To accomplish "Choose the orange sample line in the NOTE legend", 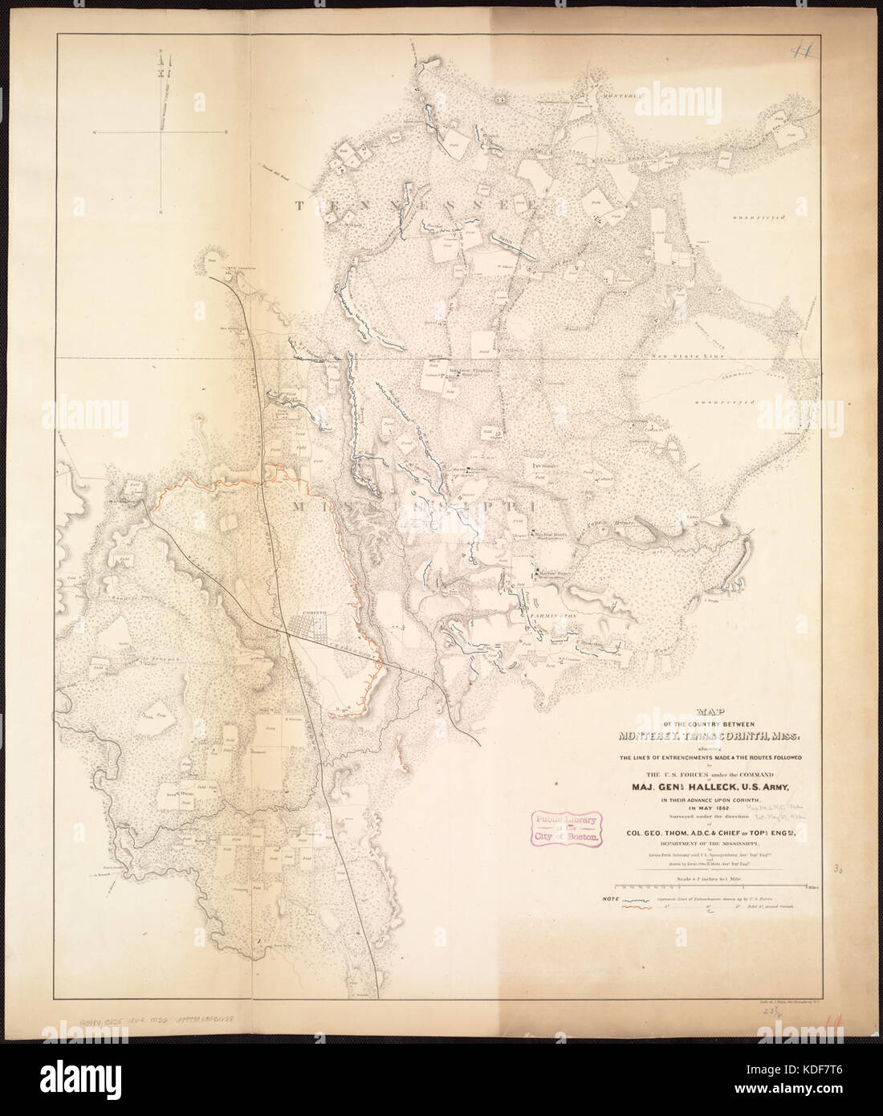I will click(637, 912).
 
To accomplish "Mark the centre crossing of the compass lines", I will click(161, 132).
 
